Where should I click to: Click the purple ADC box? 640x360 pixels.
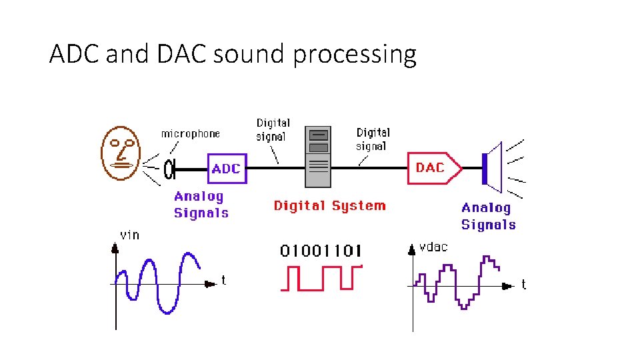point(226,169)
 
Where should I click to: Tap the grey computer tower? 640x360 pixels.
point(318,157)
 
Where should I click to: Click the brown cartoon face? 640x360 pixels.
point(122,153)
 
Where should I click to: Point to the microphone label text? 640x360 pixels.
point(190,134)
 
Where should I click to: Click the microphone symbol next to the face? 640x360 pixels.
point(169,169)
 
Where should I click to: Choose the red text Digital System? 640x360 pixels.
point(329,205)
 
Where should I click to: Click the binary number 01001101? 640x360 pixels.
point(321,251)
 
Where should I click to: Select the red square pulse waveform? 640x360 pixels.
point(321,278)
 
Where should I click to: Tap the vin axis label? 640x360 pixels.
point(129,235)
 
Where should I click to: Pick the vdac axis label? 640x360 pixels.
point(433,247)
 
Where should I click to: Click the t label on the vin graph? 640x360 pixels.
point(223,281)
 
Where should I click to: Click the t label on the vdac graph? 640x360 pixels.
point(523,285)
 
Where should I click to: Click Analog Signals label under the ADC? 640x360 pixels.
point(201,205)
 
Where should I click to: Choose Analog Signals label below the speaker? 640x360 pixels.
point(488,217)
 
